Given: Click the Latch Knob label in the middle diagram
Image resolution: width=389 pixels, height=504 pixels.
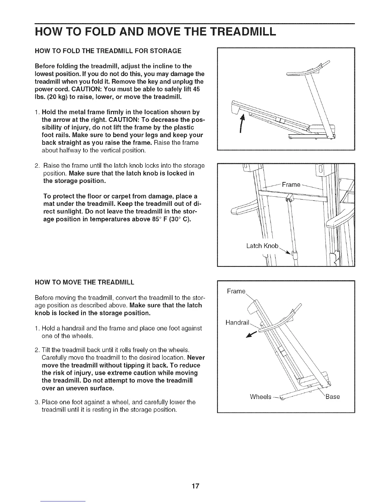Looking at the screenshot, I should click(263, 246).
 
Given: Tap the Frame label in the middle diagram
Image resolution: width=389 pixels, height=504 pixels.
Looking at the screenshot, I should click(291, 185).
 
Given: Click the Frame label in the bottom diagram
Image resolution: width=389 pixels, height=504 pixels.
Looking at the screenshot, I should click(236, 291).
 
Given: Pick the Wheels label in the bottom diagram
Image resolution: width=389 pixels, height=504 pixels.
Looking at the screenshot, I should click(261, 396).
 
